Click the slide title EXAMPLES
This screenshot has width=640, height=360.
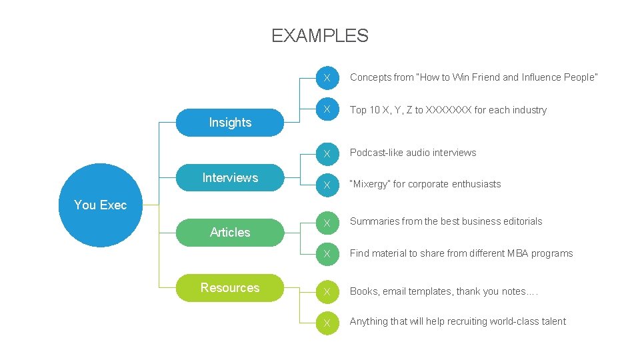pyautogui.click(x=320, y=35)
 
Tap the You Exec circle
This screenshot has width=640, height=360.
pyautogui.click(x=100, y=205)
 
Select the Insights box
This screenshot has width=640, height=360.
pyautogui.click(x=230, y=123)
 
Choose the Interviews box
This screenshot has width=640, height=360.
pyautogui.click(x=230, y=177)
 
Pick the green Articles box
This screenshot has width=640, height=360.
pyautogui.click(x=230, y=232)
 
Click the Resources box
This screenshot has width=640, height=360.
pyautogui.click(x=230, y=288)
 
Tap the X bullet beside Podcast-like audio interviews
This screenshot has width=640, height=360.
pyautogui.click(x=327, y=153)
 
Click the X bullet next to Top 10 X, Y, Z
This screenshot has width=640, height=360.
pyautogui.click(x=327, y=110)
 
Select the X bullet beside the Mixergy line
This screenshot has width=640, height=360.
pyautogui.click(x=327, y=185)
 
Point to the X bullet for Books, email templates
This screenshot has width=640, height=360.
pyautogui.click(x=327, y=292)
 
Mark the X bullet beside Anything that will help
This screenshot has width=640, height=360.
pyautogui.click(x=327, y=322)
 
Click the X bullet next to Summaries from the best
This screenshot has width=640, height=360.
pyautogui.click(x=327, y=222)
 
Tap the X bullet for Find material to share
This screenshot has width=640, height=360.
pyautogui.click(x=327, y=254)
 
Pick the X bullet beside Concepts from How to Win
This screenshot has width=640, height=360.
pyautogui.click(x=327, y=78)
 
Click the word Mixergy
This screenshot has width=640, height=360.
pyautogui.click(x=370, y=184)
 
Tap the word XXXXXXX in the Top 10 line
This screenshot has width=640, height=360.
pyautogui.click(x=448, y=110)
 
